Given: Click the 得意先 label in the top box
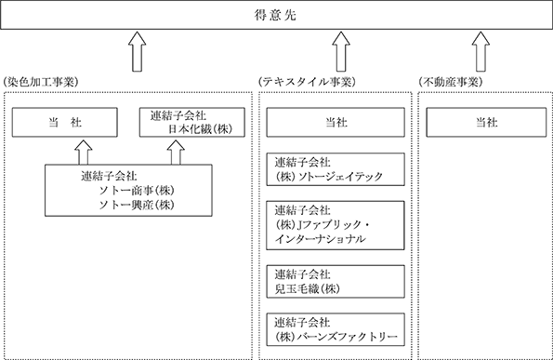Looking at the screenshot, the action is click(275, 15).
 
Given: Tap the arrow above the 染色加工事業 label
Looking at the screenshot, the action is click(138, 51).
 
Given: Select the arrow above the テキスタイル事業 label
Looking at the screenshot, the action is click(341, 51).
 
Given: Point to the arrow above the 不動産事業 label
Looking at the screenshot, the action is click(481, 51).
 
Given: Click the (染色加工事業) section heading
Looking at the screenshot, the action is click(40, 82).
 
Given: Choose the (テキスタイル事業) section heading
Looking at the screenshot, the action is click(307, 82).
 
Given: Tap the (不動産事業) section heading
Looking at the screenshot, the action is click(451, 82).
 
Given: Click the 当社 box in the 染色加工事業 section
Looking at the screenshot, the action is click(65, 122).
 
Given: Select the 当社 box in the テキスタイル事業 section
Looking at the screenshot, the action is click(336, 122).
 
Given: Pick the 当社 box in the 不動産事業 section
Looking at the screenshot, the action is click(486, 122).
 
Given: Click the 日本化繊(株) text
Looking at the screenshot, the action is click(200, 129).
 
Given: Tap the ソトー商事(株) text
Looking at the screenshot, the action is click(137, 191).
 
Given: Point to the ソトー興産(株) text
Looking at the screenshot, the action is click(137, 205).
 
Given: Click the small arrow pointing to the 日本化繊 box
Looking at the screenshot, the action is click(176, 153).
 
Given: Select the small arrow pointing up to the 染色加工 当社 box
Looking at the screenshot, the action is click(84, 153).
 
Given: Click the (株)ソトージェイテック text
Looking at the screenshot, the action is click(329, 176).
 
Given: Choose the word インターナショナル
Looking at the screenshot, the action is click(321, 239).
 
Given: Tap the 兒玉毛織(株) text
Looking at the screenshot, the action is click(308, 288).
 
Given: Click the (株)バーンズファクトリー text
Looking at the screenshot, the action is click(336, 337).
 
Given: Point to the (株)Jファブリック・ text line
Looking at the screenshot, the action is click(322, 225).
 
